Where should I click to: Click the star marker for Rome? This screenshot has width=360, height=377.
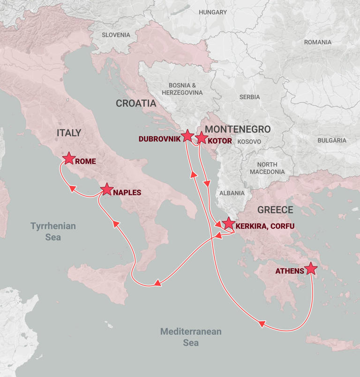(69, 158)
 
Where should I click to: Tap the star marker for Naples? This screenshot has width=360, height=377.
(107, 189)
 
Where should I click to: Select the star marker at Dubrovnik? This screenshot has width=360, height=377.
(187, 136)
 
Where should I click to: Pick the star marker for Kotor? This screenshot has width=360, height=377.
(201, 138)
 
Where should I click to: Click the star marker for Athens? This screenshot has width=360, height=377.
(310, 269)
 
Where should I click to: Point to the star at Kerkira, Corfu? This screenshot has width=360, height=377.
(228, 224)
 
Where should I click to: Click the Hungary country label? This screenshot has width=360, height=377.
(212, 12)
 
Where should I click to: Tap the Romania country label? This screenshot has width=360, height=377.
(317, 42)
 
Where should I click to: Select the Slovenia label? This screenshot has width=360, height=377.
(116, 35)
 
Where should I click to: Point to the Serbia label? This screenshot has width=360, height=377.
(249, 97)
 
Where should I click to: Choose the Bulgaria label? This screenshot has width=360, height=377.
(332, 140)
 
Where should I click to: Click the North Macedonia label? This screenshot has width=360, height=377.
(270, 168)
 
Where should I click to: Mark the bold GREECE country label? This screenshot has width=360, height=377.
(275, 210)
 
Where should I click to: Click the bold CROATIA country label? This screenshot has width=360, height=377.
(136, 104)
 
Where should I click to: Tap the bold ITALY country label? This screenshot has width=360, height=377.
(69, 133)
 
